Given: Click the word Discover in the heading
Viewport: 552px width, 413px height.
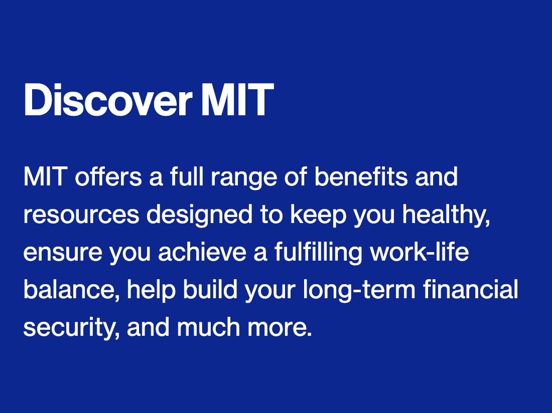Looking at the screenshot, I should (107, 100).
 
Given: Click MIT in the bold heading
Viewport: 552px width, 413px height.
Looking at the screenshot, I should (237, 100).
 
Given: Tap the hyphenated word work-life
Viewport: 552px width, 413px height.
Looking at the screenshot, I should (419, 253).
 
